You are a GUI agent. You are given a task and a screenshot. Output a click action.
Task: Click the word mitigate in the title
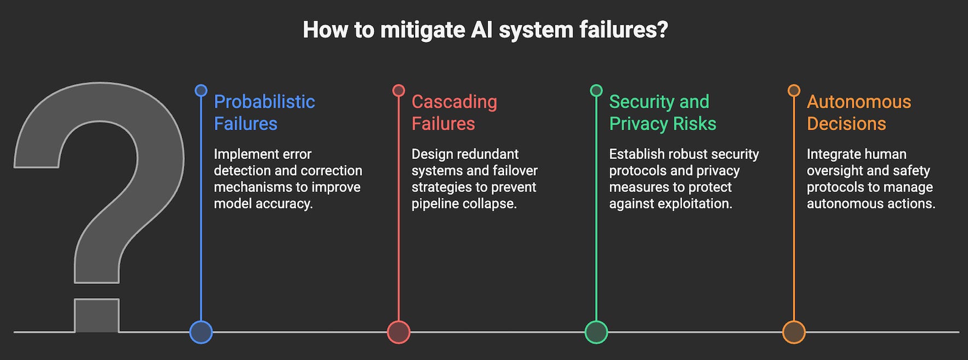(x=422, y=30)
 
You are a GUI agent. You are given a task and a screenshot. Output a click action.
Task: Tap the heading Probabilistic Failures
(x=264, y=113)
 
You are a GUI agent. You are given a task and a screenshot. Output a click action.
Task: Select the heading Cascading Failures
(x=454, y=113)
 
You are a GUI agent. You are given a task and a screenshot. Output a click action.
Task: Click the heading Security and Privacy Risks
(x=662, y=113)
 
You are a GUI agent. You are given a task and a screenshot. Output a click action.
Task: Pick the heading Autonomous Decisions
(x=859, y=113)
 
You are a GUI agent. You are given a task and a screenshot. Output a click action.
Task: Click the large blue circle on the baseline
(x=201, y=332)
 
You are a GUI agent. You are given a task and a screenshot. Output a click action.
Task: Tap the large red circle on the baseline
(x=399, y=332)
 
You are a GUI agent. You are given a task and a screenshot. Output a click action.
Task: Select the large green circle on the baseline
(x=596, y=332)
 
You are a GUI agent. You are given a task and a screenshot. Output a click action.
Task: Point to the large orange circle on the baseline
(x=794, y=332)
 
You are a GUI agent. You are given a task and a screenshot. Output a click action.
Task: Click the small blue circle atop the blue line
(x=201, y=90)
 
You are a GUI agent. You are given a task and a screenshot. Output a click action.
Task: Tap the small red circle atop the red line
(x=399, y=90)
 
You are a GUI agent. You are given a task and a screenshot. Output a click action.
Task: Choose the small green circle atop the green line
(x=596, y=90)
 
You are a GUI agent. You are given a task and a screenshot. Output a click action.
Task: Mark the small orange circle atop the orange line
(x=794, y=90)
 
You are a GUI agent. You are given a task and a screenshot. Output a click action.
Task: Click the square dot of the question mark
(x=97, y=316)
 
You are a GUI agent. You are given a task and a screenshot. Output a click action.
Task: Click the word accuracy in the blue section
(x=286, y=204)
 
